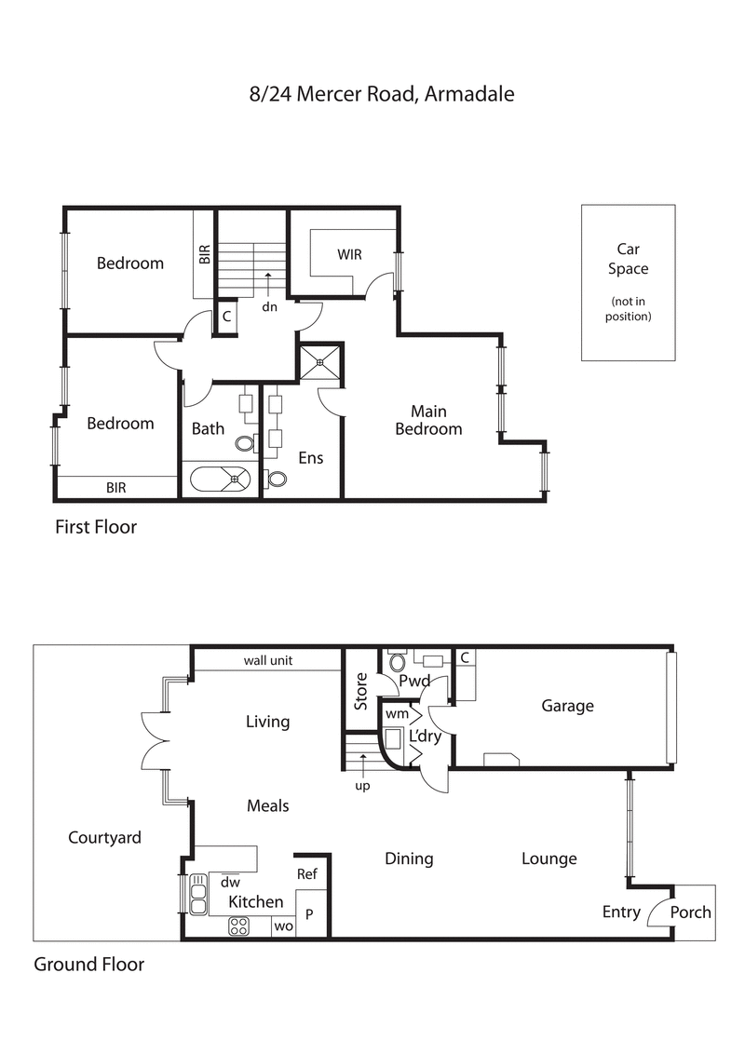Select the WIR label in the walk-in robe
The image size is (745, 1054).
click(349, 254)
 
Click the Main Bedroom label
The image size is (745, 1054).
click(428, 420)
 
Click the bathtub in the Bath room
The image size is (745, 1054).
click(222, 479)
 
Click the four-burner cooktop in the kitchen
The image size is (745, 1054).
click(239, 926)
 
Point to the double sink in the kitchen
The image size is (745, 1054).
click(197, 896)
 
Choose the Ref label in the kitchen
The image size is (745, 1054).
click(306, 874)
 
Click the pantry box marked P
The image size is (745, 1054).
click(310, 914)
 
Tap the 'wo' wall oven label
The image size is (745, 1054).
click(283, 926)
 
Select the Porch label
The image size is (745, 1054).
click(691, 912)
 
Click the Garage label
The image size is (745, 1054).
click(567, 706)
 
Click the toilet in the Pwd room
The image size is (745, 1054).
click(397, 663)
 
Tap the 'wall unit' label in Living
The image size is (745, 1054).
click(268, 660)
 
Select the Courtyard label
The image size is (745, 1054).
click(104, 837)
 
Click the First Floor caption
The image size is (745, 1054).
click(96, 527)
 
